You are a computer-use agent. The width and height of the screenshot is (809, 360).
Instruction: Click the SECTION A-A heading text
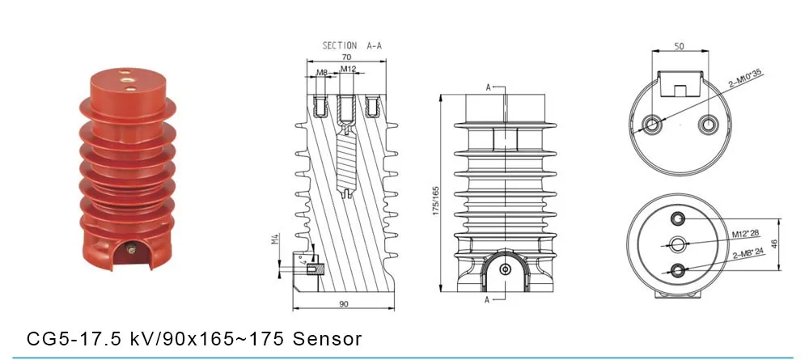(352, 46)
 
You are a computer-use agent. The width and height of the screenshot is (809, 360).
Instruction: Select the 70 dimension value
(346, 57)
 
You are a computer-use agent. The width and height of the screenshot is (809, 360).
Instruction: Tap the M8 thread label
(322, 72)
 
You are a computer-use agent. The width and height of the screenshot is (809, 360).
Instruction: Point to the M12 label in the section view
(348, 70)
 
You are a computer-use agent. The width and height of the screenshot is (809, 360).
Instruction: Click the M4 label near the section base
(274, 240)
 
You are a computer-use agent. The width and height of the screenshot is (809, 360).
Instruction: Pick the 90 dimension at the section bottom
(343, 303)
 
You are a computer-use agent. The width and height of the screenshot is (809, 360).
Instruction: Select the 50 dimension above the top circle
(680, 47)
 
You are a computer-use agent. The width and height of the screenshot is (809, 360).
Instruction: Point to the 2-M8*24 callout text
(749, 253)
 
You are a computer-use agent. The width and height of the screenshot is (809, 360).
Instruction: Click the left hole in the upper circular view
(651, 124)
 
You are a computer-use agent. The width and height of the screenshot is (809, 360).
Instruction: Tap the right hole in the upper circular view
(709, 124)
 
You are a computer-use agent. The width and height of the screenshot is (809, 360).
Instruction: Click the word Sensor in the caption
(328, 337)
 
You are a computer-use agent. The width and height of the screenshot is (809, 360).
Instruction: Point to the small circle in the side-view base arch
(505, 269)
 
